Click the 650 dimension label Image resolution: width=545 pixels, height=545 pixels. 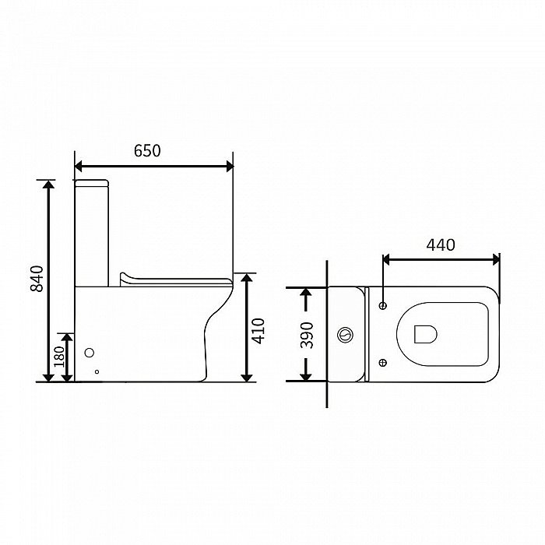(147, 151)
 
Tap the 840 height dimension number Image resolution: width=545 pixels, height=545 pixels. (37, 279)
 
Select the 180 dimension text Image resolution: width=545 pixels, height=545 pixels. (59, 357)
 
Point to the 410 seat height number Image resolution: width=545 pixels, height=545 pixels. (258, 331)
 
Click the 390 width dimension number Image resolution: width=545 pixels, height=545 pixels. (307, 336)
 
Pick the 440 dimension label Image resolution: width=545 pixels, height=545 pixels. (441, 245)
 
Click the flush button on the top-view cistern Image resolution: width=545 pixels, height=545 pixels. (346, 335)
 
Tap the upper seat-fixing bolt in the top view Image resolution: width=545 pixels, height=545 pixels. (383, 306)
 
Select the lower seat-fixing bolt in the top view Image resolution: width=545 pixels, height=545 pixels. (383, 363)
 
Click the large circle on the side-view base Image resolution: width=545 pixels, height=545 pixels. (90, 353)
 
